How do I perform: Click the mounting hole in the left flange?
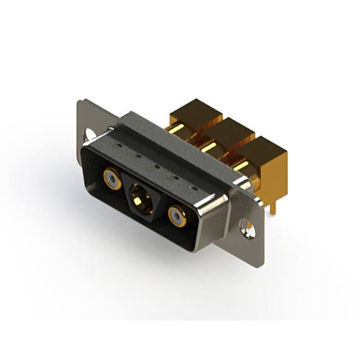[x=89, y=136]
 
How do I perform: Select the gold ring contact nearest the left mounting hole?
[x=111, y=179]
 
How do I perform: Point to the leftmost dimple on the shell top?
[x=117, y=146]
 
